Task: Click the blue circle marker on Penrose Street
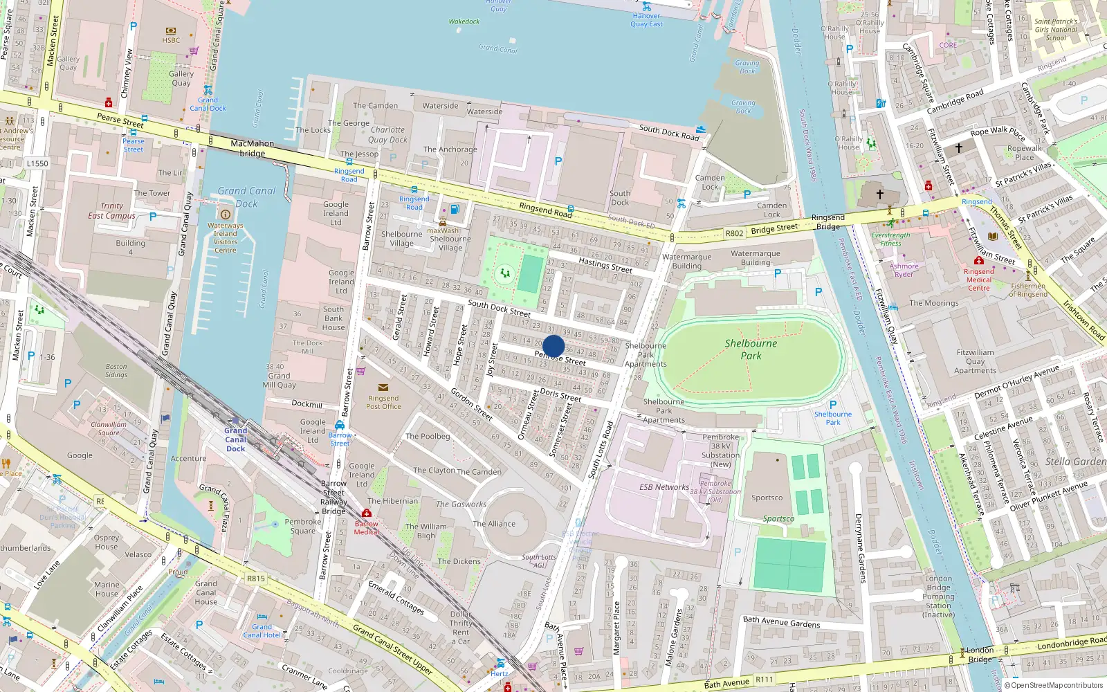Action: click(x=553, y=346)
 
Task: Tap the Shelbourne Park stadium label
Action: click(x=751, y=349)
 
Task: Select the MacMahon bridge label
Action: click(x=253, y=148)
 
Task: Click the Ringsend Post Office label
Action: click(x=383, y=402)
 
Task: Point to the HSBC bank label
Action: click(x=171, y=40)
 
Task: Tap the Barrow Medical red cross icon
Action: click(x=367, y=513)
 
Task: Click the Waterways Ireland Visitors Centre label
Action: click(x=225, y=237)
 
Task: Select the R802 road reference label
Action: click(x=734, y=233)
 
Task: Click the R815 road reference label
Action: click(x=255, y=579)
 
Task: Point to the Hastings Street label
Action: click(x=605, y=264)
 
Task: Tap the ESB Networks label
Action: click(x=664, y=487)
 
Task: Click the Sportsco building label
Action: click(x=767, y=498)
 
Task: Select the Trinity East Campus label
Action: click(x=111, y=210)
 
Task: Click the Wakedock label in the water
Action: click(x=464, y=21)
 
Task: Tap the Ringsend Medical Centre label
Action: click(x=978, y=280)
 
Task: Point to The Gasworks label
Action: click(x=461, y=504)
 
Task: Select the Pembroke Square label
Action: click(x=302, y=527)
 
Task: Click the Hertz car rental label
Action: click(x=500, y=673)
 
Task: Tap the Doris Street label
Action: click(x=560, y=394)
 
